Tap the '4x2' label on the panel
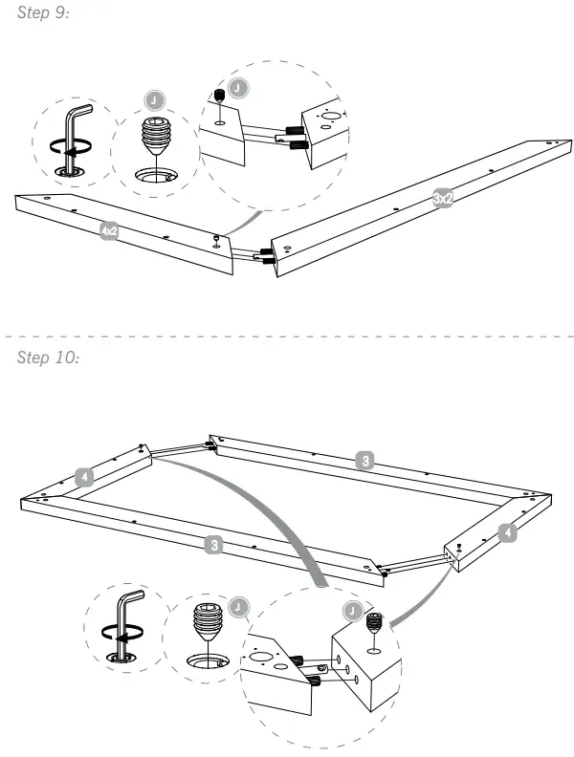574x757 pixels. point(109,230)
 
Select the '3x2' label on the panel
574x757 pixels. point(443,198)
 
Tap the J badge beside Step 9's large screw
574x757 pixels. point(154,100)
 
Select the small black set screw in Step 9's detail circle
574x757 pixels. point(218,97)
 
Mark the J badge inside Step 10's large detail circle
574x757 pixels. point(353,607)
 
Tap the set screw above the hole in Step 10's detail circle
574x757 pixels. point(375,624)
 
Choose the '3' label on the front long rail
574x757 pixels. point(216,545)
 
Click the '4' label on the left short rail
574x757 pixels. point(85,475)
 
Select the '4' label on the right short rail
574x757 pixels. point(509,532)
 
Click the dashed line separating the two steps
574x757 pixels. point(287,337)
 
